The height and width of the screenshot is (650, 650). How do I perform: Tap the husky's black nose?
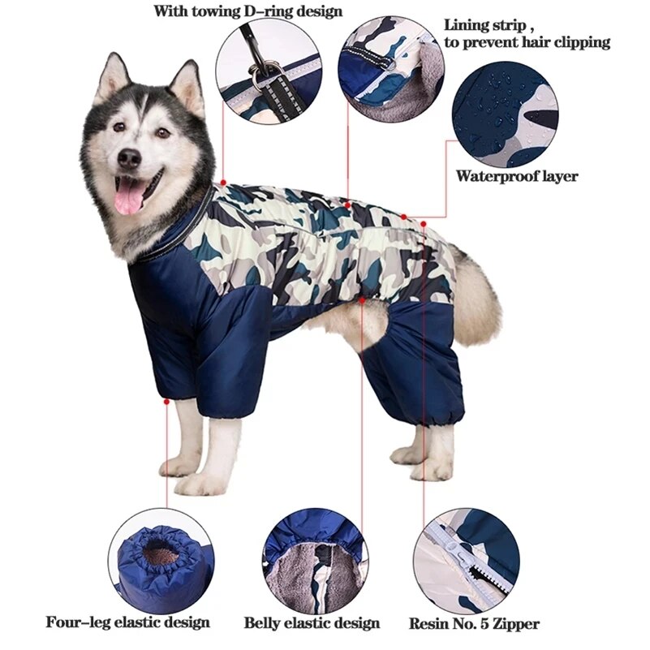point(129,158)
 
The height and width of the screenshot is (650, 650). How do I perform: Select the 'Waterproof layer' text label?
point(517,175)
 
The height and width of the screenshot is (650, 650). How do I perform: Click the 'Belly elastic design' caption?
point(312,623)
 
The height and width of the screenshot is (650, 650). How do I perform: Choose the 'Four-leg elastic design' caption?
point(128,622)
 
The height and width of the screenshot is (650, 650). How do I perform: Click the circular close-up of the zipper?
point(466,560)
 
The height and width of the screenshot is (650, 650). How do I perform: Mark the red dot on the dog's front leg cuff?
point(166,400)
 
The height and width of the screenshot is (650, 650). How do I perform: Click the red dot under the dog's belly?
point(362,299)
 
